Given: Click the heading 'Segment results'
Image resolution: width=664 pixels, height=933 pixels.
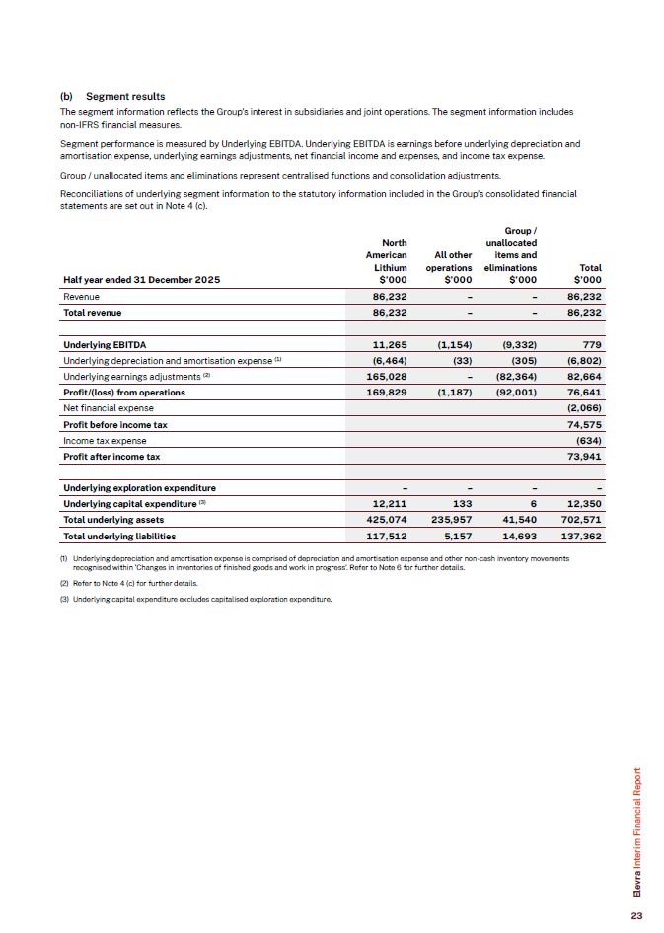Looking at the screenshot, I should click(x=125, y=97).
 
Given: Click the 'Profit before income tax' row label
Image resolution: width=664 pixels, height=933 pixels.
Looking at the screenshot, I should click(x=114, y=424).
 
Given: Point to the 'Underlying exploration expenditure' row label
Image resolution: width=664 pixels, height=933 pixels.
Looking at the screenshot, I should click(x=139, y=488).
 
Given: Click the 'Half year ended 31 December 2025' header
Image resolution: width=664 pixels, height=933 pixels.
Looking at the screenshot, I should click(x=141, y=281).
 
